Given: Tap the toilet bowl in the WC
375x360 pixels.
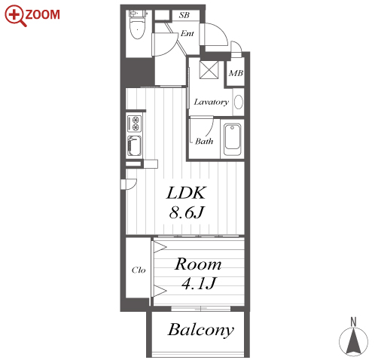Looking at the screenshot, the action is coord(137,29).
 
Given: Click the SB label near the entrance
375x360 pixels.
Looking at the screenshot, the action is coord(184,15).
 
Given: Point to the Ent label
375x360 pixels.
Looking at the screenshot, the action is coord(187,33).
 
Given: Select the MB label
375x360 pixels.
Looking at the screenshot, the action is coord(236,73).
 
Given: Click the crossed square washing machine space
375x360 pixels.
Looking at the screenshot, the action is coord(209,70).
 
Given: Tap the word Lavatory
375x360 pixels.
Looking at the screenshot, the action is coord(212,102).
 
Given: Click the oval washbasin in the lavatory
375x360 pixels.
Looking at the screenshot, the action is coord(239,102).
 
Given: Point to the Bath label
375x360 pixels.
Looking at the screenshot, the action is coord(204,142).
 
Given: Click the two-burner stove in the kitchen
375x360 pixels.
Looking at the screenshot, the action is coord(135,124).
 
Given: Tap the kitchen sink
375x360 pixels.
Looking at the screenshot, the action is coord(135,146).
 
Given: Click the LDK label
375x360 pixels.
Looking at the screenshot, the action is coord(186,193).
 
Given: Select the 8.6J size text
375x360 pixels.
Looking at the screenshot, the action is coord(186,212).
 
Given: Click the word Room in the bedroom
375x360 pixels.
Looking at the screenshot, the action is coord(198,264).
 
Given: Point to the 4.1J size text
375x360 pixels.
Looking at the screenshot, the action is coord(198,283).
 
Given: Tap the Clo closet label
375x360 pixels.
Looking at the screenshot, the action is coord(139,270).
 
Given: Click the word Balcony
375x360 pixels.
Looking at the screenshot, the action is coord(200,330).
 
